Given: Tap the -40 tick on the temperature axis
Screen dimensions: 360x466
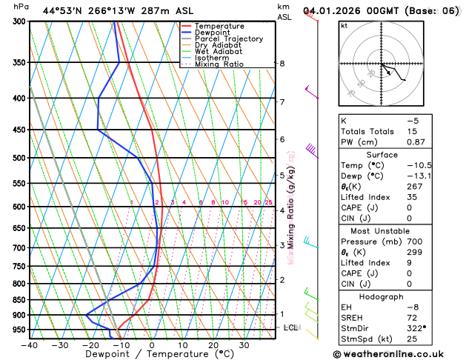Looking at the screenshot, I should point(30,345).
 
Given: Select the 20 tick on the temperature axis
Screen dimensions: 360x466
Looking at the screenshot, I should point(213,345).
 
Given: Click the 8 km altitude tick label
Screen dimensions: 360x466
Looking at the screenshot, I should point(282,64).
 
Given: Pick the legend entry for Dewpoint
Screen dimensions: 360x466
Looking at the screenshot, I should point(212,33).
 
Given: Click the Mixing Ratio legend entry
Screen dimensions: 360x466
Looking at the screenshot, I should point(219,64).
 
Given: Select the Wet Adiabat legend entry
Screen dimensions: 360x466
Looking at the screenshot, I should point(218,51).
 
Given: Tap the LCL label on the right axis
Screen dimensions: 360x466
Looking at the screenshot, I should point(291,327).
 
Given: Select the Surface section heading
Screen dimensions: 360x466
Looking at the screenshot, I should point(397,155).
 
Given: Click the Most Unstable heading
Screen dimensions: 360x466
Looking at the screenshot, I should point(397,230).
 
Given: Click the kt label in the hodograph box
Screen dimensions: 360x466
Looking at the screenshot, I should point(344,25).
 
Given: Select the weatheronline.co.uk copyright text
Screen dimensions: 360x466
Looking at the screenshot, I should point(397,353).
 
